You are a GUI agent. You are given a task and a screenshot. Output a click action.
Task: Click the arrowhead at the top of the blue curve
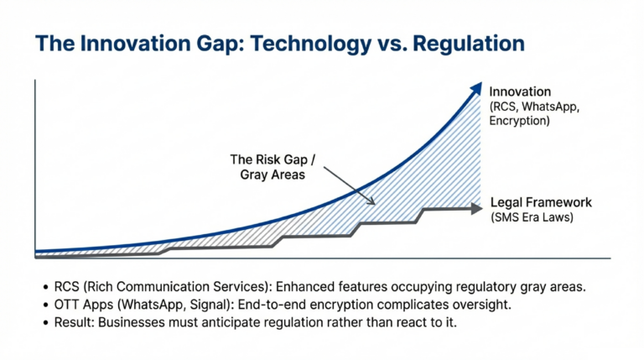click(477, 88)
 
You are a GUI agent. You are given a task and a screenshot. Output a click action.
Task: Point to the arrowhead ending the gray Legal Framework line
click(480, 206)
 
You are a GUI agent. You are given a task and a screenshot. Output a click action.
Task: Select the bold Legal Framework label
click(541, 202)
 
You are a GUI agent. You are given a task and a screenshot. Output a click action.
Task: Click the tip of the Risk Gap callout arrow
click(374, 202)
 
